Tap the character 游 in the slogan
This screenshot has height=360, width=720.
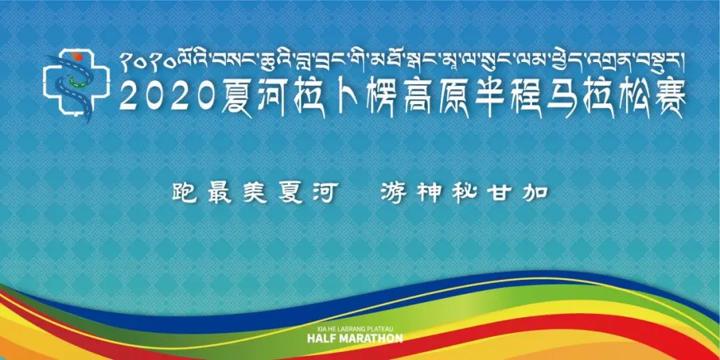(393, 193)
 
